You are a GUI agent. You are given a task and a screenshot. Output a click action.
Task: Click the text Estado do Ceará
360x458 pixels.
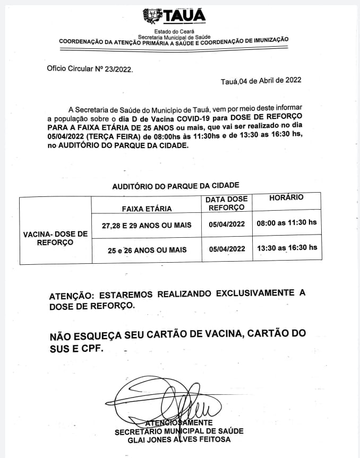point(173,32)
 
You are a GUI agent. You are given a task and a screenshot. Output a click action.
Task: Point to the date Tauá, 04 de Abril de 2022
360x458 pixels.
point(261,81)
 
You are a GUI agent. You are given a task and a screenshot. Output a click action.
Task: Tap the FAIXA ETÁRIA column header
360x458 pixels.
point(147,209)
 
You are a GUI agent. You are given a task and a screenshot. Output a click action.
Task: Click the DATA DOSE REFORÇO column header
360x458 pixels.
point(227,203)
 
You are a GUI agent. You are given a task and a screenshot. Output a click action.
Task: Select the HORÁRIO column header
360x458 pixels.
point(286,197)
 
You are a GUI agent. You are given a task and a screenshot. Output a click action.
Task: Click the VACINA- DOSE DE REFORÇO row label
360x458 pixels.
point(55,238)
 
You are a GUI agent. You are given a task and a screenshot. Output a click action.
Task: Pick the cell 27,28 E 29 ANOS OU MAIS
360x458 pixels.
point(147,226)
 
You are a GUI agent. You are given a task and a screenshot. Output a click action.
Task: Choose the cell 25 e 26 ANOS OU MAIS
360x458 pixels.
point(147,249)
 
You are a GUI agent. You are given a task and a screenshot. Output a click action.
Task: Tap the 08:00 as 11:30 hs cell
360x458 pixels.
point(287,223)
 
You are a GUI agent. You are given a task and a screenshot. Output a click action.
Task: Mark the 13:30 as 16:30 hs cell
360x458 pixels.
point(287,247)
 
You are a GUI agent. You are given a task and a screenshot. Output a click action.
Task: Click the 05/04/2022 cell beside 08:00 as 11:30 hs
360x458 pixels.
point(227,224)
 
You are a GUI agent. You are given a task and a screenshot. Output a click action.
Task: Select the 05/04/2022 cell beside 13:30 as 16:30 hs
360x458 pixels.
point(227,248)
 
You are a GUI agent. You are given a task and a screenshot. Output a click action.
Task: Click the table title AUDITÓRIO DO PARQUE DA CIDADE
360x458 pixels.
point(176,185)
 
